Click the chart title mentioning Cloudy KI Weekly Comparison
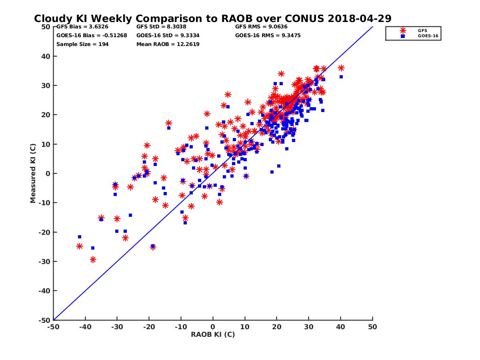point(212,18)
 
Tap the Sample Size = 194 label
point(82,44)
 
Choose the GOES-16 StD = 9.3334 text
point(168,35)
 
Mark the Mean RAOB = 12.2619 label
point(168,44)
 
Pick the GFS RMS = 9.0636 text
point(261,27)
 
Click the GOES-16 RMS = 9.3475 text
point(268,35)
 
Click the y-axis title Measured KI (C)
point(33,173)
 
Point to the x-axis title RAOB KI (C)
point(213,334)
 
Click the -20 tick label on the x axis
point(149,327)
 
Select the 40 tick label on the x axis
point(341,327)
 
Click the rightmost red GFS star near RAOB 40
point(341,68)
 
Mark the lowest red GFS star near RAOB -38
point(93,260)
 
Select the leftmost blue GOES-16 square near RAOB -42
point(80,237)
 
